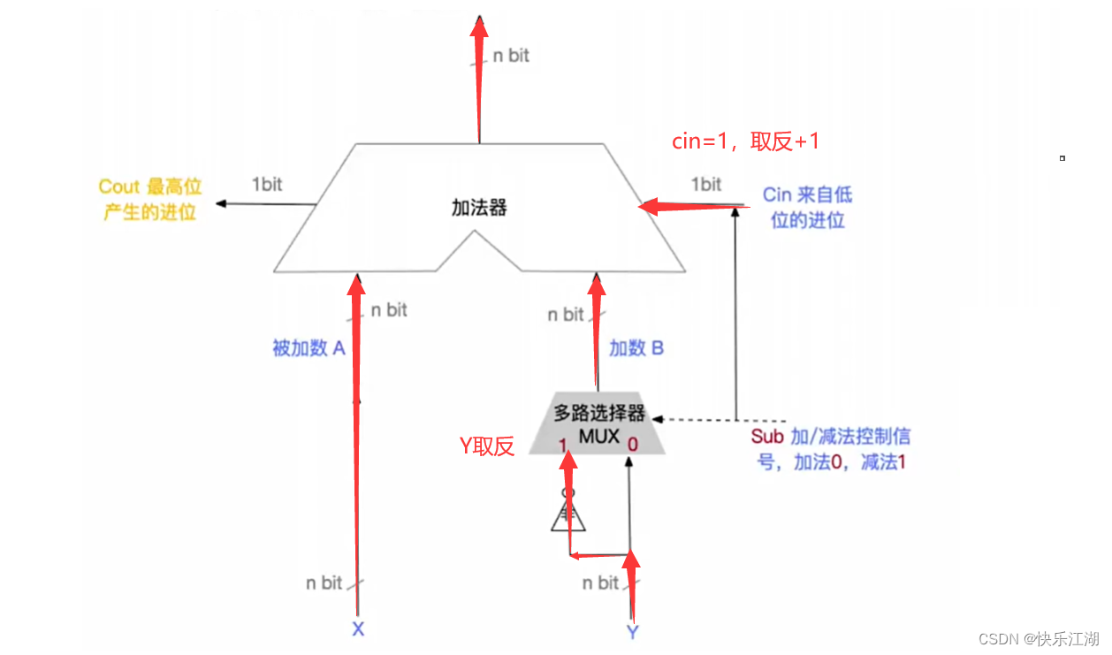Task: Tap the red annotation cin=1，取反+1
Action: tap(747, 141)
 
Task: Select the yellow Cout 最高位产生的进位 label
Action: tap(149, 199)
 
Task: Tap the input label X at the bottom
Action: tap(358, 629)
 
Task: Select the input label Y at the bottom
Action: tap(632, 631)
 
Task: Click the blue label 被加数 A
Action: tap(308, 348)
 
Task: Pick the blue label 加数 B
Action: tap(636, 348)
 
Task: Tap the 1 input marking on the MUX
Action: tap(562, 445)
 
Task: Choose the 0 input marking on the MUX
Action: tap(632, 445)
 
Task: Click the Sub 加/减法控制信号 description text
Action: tap(831, 449)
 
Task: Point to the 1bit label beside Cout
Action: tap(267, 185)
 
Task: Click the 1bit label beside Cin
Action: tap(705, 184)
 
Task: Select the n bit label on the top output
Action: tap(511, 55)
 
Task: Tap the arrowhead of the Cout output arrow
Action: tap(221, 204)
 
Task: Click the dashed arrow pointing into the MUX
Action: tap(698, 419)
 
